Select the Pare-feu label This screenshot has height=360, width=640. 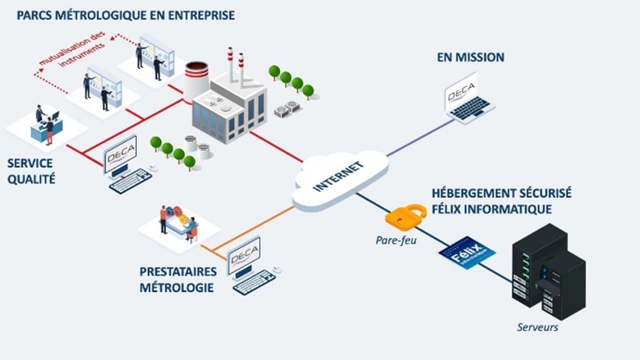(x=395, y=239)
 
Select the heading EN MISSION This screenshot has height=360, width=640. (x=470, y=58)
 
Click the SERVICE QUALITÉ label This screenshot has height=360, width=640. (x=31, y=172)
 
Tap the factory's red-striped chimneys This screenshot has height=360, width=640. (x=236, y=65)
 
